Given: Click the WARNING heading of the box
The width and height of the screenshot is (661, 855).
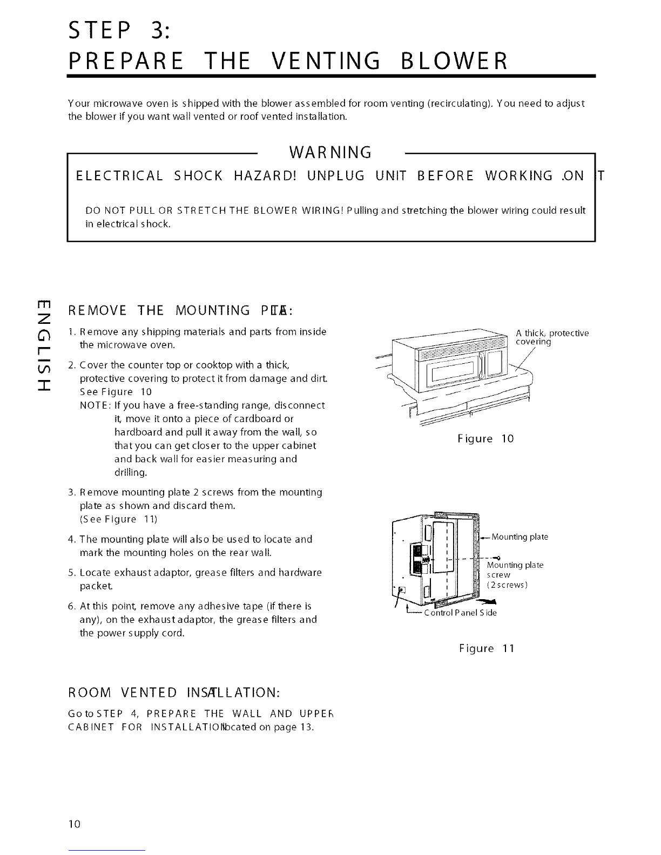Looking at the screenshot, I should pyautogui.click(x=330, y=153).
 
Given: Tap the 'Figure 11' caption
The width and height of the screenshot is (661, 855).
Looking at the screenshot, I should pyautogui.click(x=486, y=648).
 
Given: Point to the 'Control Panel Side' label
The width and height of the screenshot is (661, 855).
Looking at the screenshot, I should pyautogui.click(x=460, y=613).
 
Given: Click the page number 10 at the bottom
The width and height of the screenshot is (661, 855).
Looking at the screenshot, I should pyautogui.click(x=74, y=823).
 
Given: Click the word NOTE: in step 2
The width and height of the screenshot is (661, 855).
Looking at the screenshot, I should pyautogui.click(x=95, y=405).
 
